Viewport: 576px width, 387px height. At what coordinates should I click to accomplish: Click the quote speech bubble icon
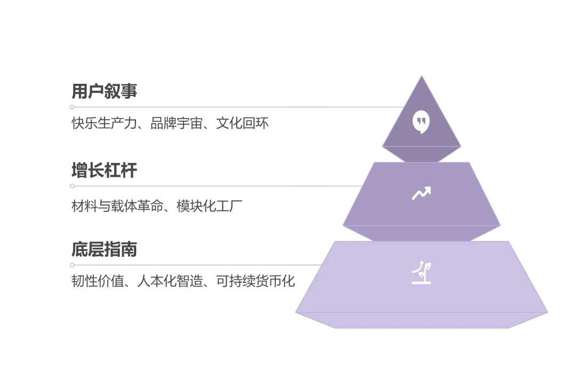point(421,122)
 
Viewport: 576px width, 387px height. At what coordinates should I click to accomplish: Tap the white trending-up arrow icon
point(421,193)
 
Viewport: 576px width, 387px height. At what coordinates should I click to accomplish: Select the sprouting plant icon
point(421,272)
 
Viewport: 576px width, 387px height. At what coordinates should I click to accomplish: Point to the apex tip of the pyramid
point(421,76)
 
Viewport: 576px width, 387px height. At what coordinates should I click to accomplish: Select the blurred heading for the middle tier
point(104,169)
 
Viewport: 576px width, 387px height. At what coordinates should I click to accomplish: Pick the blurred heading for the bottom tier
point(104,249)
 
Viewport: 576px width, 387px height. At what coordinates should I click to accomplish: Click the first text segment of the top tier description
point(106,124)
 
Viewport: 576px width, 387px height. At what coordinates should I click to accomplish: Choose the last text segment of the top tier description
point(241,124)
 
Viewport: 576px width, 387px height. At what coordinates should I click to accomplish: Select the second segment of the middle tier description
point(209,205)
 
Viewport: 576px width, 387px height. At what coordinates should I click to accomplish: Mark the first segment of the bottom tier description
point(100,281)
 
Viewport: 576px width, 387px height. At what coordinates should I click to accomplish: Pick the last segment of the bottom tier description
point(255,281)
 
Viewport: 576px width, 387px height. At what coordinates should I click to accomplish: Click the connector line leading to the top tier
point(235,107)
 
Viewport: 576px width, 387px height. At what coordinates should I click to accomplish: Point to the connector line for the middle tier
point(213,186)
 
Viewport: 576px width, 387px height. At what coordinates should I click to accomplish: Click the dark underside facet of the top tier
point(421,154)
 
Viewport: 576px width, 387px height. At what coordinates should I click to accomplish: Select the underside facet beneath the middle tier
point(421,233)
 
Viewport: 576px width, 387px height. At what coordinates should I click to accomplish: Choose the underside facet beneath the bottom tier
point(421,320)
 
